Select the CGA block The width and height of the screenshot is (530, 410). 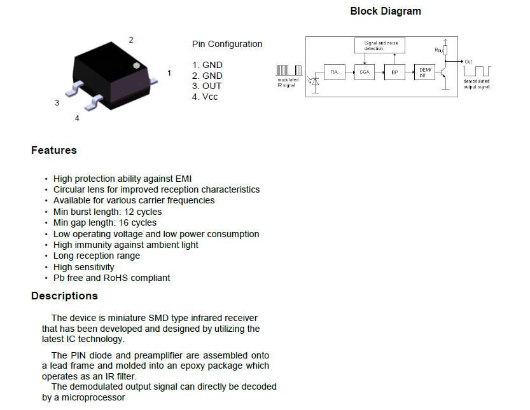[365, 72]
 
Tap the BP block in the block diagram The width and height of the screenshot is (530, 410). [394, 73]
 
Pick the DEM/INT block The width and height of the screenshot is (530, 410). [424, 72]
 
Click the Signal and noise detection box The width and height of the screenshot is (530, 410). [379, 46]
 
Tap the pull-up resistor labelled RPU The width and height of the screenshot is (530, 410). [446, 49]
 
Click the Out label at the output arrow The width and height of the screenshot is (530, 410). [468, 62]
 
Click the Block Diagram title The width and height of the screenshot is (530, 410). [386, 11]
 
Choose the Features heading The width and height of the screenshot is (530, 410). [54, 151]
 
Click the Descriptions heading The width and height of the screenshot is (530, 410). [64, 296]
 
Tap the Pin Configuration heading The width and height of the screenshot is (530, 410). [227, 44]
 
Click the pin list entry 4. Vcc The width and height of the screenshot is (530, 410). [205, 97]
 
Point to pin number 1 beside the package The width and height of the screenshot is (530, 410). [169, 73]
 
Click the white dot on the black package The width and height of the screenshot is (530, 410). [136, 65]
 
